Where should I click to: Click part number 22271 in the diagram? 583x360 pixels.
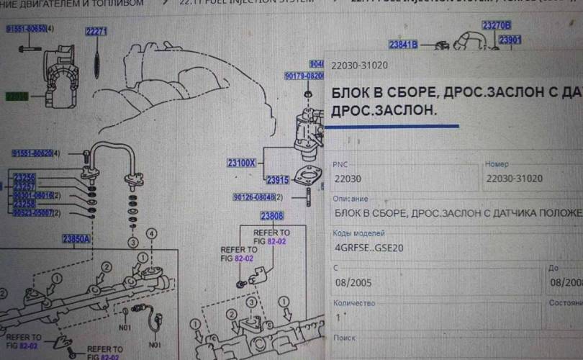click(96, 32)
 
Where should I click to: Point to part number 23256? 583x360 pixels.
click(24, 177)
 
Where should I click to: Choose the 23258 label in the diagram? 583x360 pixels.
click(24, 204)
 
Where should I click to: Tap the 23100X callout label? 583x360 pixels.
click(242, 163)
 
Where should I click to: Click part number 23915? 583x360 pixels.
click(277, 180)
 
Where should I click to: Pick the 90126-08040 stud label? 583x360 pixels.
click(256, 197)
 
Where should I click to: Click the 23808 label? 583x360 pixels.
click(272, 216)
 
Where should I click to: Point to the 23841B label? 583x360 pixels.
click(403, 45)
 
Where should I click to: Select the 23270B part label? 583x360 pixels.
click(497, 25)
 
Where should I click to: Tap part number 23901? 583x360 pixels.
click(510, 40)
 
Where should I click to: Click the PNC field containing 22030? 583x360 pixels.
click(403, 179)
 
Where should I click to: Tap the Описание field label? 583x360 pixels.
click(351, 199)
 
